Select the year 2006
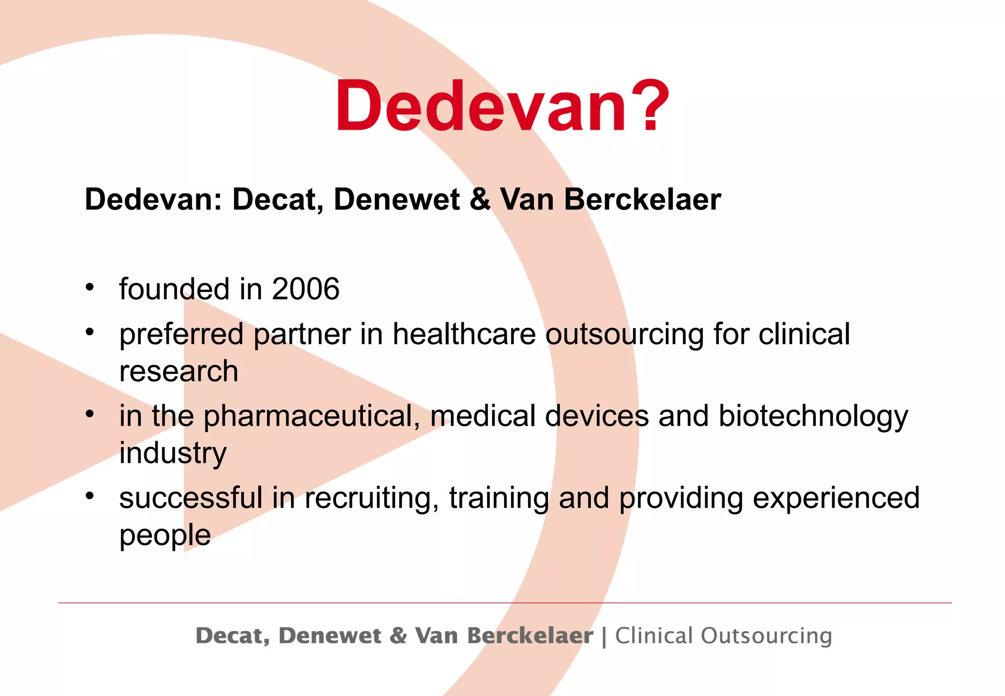[305, 289]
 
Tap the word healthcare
[464, 334]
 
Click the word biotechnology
[813, 416]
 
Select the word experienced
[836, 498]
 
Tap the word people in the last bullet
[165, 535]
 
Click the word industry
[173, 453]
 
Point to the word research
[179, 371]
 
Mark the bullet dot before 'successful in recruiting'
[89, 496]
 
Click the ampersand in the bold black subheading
[480, 199]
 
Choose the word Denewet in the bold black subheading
[397, 199]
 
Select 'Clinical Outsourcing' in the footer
[723, 636]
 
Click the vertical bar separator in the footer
[604, 637]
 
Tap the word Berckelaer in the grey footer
[530, 636]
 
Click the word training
[499, 498]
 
